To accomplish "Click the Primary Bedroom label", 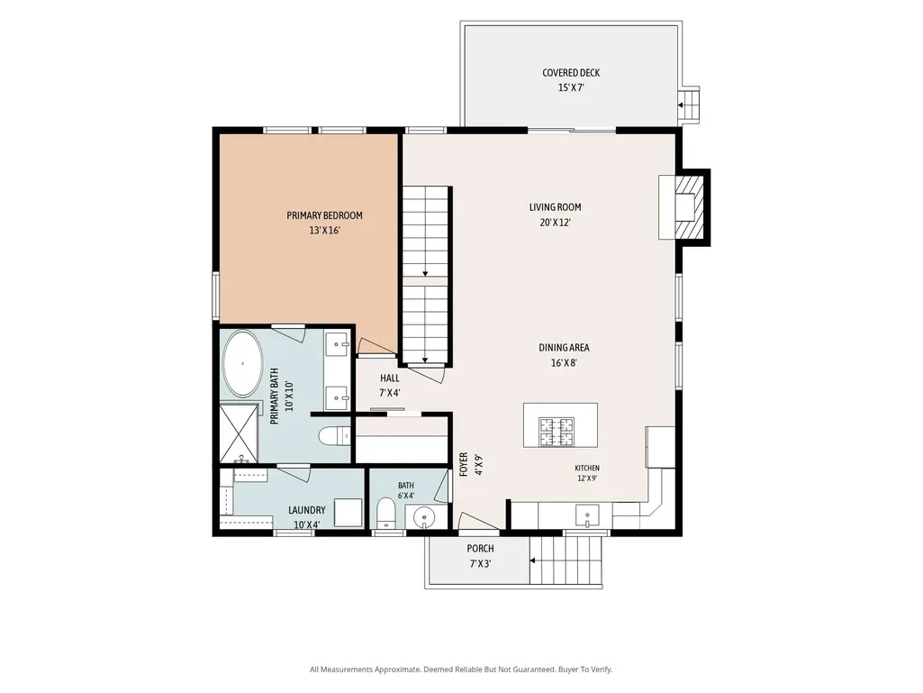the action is [x=324, y=215].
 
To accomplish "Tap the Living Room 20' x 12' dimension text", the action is [x=555, y=223].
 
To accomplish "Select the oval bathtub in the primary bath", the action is [x=242, y=363].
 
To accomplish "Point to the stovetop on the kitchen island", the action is [x=557, y=432].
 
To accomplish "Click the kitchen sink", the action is [x=587, y=515].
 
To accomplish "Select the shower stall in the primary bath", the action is [x=239, y=433].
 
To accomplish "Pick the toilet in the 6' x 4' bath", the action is [x=386, y=514].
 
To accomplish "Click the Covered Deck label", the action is [x=571, y=73].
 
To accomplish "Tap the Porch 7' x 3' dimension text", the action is [x=480, y=564].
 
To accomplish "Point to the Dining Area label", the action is [x=564, y=348].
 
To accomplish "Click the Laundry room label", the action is [x=307, y=510].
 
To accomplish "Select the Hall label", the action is [x=390, y=378].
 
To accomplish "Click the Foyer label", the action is [x=463, y=464].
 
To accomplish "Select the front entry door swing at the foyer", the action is [x=478, y=521].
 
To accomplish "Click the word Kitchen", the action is [x=587, y=468].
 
